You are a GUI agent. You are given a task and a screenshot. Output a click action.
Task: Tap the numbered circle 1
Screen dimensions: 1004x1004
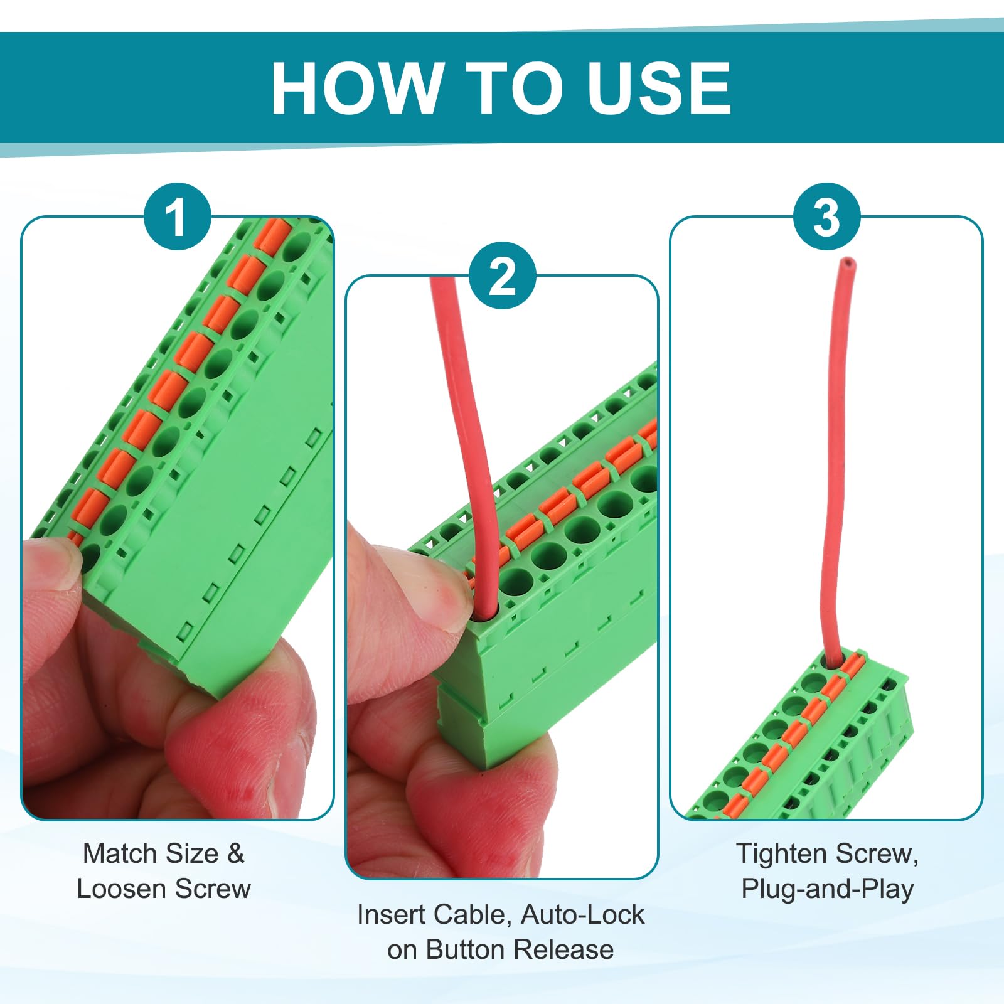(178, 216)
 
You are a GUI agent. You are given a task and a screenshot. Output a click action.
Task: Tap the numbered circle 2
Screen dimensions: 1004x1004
(502, 275)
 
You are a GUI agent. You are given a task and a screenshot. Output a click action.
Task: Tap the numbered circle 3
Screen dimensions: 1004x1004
(826, 216)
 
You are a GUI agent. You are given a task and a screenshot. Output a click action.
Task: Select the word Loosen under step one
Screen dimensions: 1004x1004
(122, 889)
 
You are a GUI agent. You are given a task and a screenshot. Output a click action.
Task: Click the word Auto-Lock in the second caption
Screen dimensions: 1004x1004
(582, 914)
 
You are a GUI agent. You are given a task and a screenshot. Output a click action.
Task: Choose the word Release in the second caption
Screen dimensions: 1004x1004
(563, 949)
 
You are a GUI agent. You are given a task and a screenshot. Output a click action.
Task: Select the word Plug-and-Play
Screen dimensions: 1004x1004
(827, 889)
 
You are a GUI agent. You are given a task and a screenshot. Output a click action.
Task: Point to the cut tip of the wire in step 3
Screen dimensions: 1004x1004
(848, 261)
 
